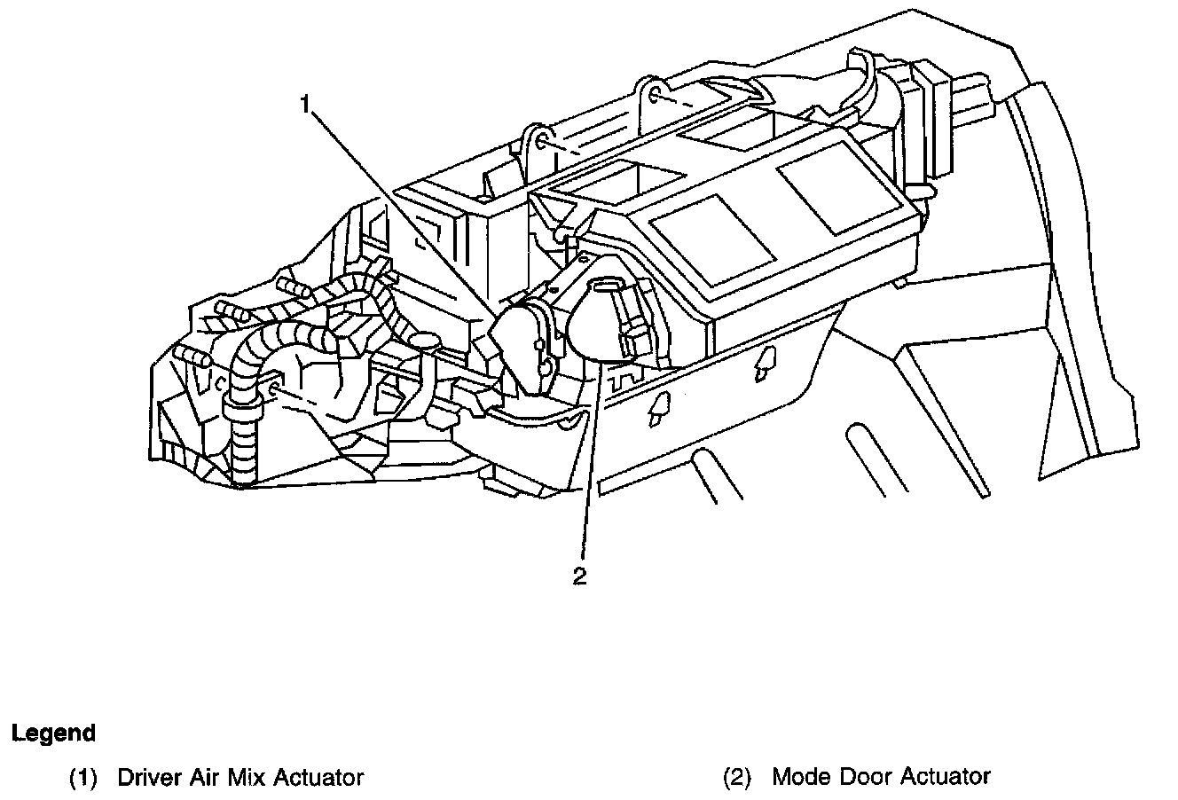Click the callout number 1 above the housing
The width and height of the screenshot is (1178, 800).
[304, 106]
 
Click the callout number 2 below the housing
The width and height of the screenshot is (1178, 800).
[579, 576]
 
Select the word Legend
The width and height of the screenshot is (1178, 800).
[53, 733]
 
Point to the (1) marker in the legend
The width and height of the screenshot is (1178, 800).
[84, 779]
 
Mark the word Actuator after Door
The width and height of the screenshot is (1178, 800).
[946, 778]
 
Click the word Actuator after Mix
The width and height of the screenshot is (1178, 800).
[318, 778]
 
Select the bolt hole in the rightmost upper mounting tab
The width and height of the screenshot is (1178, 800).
[655, 93]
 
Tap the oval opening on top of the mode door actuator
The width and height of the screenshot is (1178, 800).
[608, 283]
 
